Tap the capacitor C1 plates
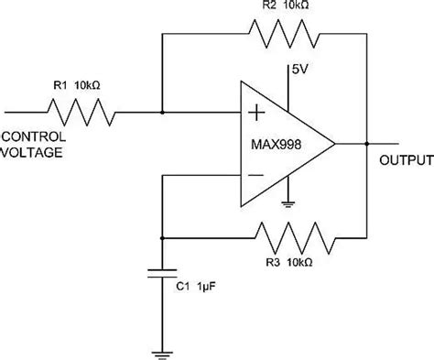click(x=162, y=273)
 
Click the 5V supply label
click(x=299, y=70)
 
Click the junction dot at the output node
click(x=365, y=144)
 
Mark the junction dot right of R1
click(x=162, y=113)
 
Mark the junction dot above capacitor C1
click(x=162, y=236)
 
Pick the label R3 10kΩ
click(x=291, y=262)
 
